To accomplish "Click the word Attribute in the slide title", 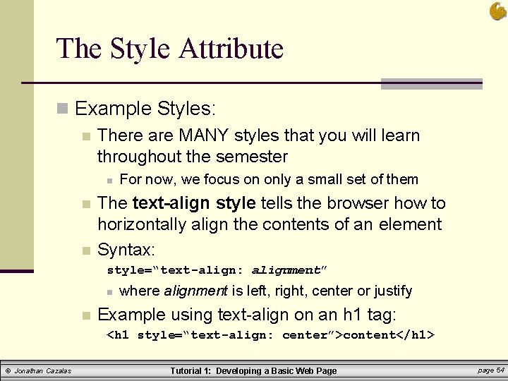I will (x=231, y=49).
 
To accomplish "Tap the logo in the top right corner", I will (x=497, y=11).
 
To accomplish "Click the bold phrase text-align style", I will (x=194, y=203).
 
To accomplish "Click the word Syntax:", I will (x=126, y=249).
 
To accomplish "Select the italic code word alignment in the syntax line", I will (x=285, y=270).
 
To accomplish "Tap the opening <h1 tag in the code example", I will (x=117, y=334).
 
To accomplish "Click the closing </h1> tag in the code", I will (x=416, y=334).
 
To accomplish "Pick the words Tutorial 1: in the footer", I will (x=191, y=371).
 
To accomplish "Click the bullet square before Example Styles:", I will (x=63, y=109).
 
